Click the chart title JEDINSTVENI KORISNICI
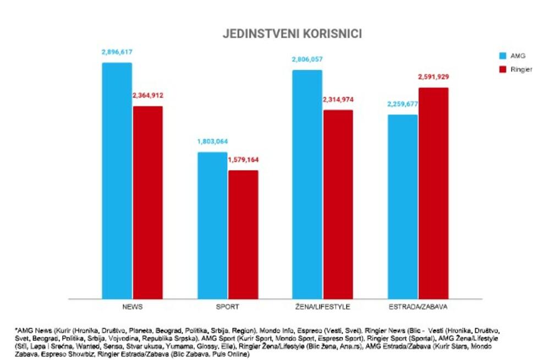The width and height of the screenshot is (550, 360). click(292, 34)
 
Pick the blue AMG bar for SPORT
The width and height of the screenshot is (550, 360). click(212, 225)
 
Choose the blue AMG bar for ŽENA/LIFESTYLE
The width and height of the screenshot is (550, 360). click(307, 184)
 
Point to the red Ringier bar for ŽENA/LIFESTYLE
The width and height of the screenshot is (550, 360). click(338, 204)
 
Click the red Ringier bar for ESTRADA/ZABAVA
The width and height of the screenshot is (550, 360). click(433, 193)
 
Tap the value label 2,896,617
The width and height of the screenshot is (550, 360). click(117, 52)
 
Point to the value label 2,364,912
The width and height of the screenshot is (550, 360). click(147, 96)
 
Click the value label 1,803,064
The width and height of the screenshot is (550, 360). click(212, 141)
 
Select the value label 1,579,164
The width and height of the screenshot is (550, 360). click(243, 160)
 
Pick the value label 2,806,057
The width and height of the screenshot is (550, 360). click(307, 59)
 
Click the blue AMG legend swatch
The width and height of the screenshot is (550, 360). click(503, 56)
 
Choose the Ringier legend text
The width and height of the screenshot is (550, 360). click(521, 70)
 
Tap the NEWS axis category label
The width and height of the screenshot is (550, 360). click(132, 306)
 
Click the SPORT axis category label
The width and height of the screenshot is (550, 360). click(228, 306)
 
